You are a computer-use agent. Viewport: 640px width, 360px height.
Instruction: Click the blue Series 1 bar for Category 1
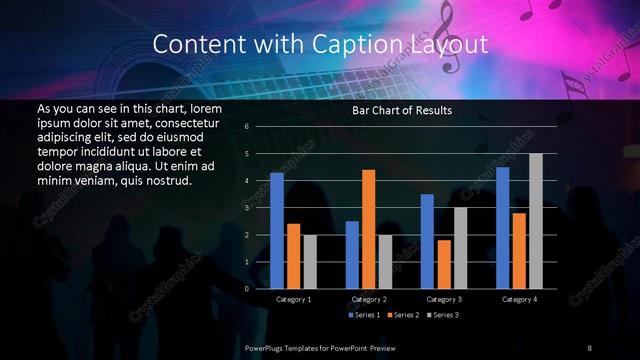[277, 230]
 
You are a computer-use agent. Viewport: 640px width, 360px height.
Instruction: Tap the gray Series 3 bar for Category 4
[536, 221]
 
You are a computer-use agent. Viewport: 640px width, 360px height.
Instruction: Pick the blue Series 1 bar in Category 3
[427, 241]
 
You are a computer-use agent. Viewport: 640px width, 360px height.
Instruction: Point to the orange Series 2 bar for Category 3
[443, 264]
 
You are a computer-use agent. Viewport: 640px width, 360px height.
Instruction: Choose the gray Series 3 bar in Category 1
[309, 261]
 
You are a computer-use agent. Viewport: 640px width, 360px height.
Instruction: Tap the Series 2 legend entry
[405, 316]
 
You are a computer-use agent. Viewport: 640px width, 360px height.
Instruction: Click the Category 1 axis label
[293, 299]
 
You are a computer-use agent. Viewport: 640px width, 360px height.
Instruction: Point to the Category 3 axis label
[443, 299]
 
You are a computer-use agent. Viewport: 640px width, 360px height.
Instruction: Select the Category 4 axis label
[519, 299]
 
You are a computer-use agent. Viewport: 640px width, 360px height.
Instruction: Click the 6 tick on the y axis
[247, 127]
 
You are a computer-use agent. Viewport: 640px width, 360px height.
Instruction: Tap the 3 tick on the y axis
[247, 208]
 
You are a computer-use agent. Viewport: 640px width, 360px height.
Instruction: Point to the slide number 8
[589, 347]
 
